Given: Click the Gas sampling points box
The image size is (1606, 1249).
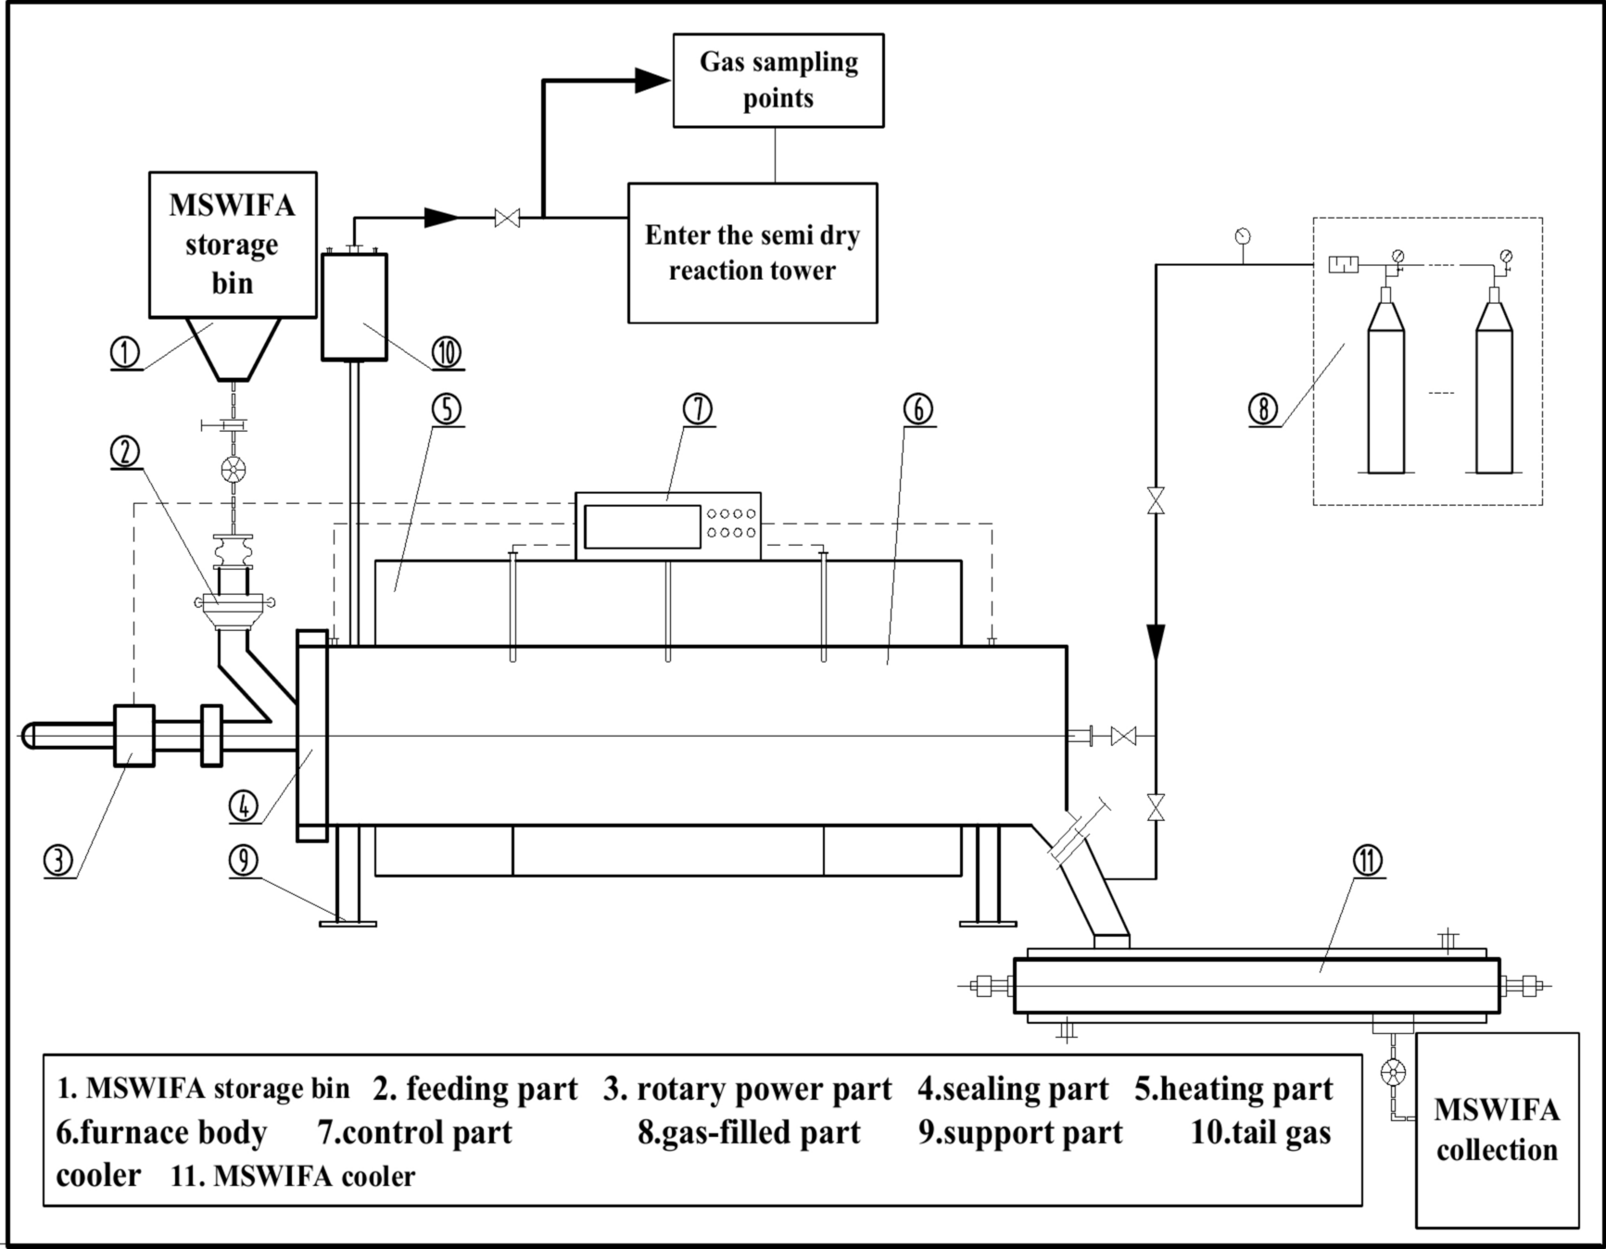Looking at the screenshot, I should pos(778,81).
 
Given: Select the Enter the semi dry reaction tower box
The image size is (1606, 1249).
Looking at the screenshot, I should pos(752,253).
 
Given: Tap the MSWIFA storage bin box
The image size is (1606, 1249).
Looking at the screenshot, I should pos(233,245).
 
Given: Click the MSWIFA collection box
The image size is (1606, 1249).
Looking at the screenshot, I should pos(1497,1129).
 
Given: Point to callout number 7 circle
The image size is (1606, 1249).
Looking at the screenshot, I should pos(698,409).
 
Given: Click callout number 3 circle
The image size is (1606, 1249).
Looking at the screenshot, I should pos(58,860).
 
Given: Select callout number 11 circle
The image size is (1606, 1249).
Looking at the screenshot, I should pos(1368,861).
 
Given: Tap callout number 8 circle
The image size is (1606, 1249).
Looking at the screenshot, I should pos(1263,408).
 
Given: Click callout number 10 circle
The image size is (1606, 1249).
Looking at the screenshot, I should pos(447,352).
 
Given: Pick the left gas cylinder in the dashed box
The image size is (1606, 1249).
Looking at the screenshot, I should pos(1386,389).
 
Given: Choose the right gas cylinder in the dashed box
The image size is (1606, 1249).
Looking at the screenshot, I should pos(1494,389).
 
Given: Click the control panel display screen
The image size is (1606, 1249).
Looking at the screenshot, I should pos(642,526).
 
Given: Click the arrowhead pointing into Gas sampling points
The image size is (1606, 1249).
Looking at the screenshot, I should pos(652,81).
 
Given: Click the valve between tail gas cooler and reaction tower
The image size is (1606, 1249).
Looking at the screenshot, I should pos(507,219).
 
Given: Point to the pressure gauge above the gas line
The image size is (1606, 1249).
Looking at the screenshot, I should pos(1242,235).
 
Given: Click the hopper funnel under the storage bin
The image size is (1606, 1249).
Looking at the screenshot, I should pos(233,347).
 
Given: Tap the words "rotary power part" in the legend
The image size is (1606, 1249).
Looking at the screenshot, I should pos(764,1090).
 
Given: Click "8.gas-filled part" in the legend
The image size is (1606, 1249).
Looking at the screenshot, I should pos(749,1132).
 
